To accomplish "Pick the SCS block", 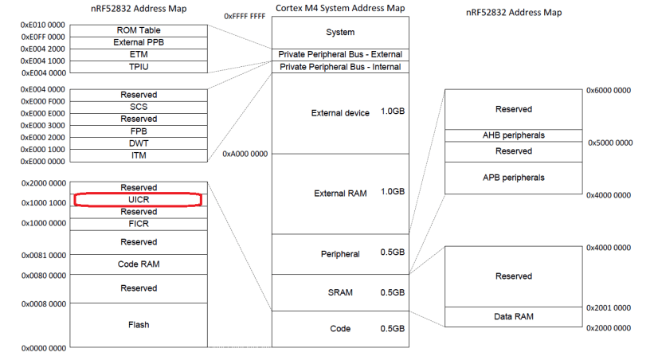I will coord(138,107).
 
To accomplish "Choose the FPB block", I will coord(138,131).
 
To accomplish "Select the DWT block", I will coord(138,143).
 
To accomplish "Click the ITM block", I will coord(138,155).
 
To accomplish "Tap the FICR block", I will coord(138,224).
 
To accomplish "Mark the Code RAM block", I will coord(138,264).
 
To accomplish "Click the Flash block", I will coord(138,325).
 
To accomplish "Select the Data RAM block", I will coord(512,316).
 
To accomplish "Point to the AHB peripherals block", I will coord(512,135).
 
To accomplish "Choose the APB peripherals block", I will coord(512,178).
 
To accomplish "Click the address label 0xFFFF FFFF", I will coord(245,15).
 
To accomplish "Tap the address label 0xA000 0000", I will coord(245,154).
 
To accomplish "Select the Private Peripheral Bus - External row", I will coord(340,54).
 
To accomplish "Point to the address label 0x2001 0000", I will coord(609,307).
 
